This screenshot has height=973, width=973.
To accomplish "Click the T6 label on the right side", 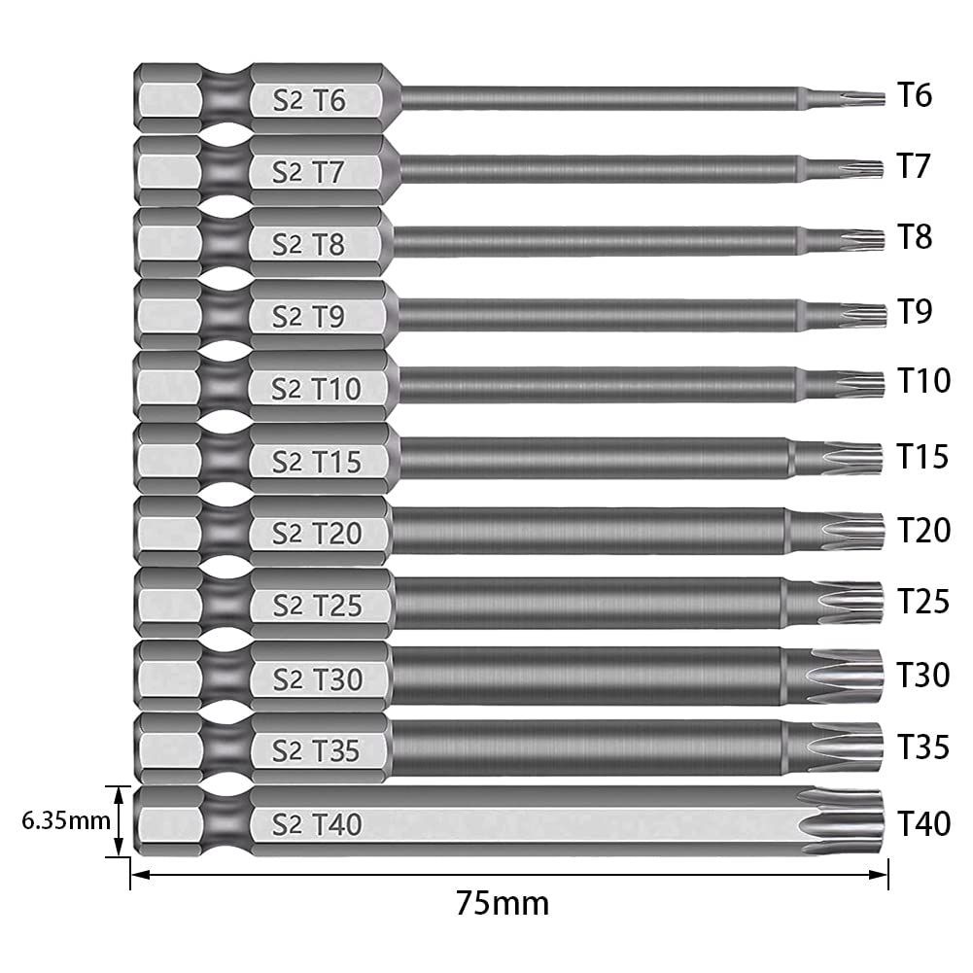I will [915, 95].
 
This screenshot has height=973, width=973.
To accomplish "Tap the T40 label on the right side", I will [922, 823].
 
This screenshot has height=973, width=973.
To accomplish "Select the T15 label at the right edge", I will [922, 457].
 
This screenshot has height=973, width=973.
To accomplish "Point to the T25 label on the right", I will [922, 603].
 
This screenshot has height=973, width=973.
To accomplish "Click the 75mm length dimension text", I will [503, 904].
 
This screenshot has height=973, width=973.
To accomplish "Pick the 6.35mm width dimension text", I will [65, 820].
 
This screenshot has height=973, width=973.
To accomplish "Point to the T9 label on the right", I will [915, 312].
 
